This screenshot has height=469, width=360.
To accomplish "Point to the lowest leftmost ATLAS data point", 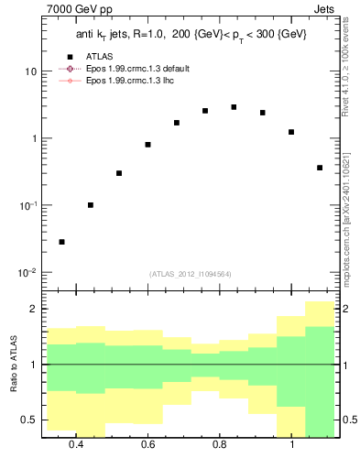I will tap(61, 242).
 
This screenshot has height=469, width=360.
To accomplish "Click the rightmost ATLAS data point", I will tap(319, 168).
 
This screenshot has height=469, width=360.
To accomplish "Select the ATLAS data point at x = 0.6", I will tap(147, 145).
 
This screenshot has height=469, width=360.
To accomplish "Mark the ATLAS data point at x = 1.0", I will tap(290, 132).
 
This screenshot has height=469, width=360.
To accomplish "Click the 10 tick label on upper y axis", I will tap(31, 71).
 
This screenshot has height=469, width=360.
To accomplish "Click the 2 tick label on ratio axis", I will tap(35, 310).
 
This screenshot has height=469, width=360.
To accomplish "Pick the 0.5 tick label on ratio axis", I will tap(30, 420).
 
